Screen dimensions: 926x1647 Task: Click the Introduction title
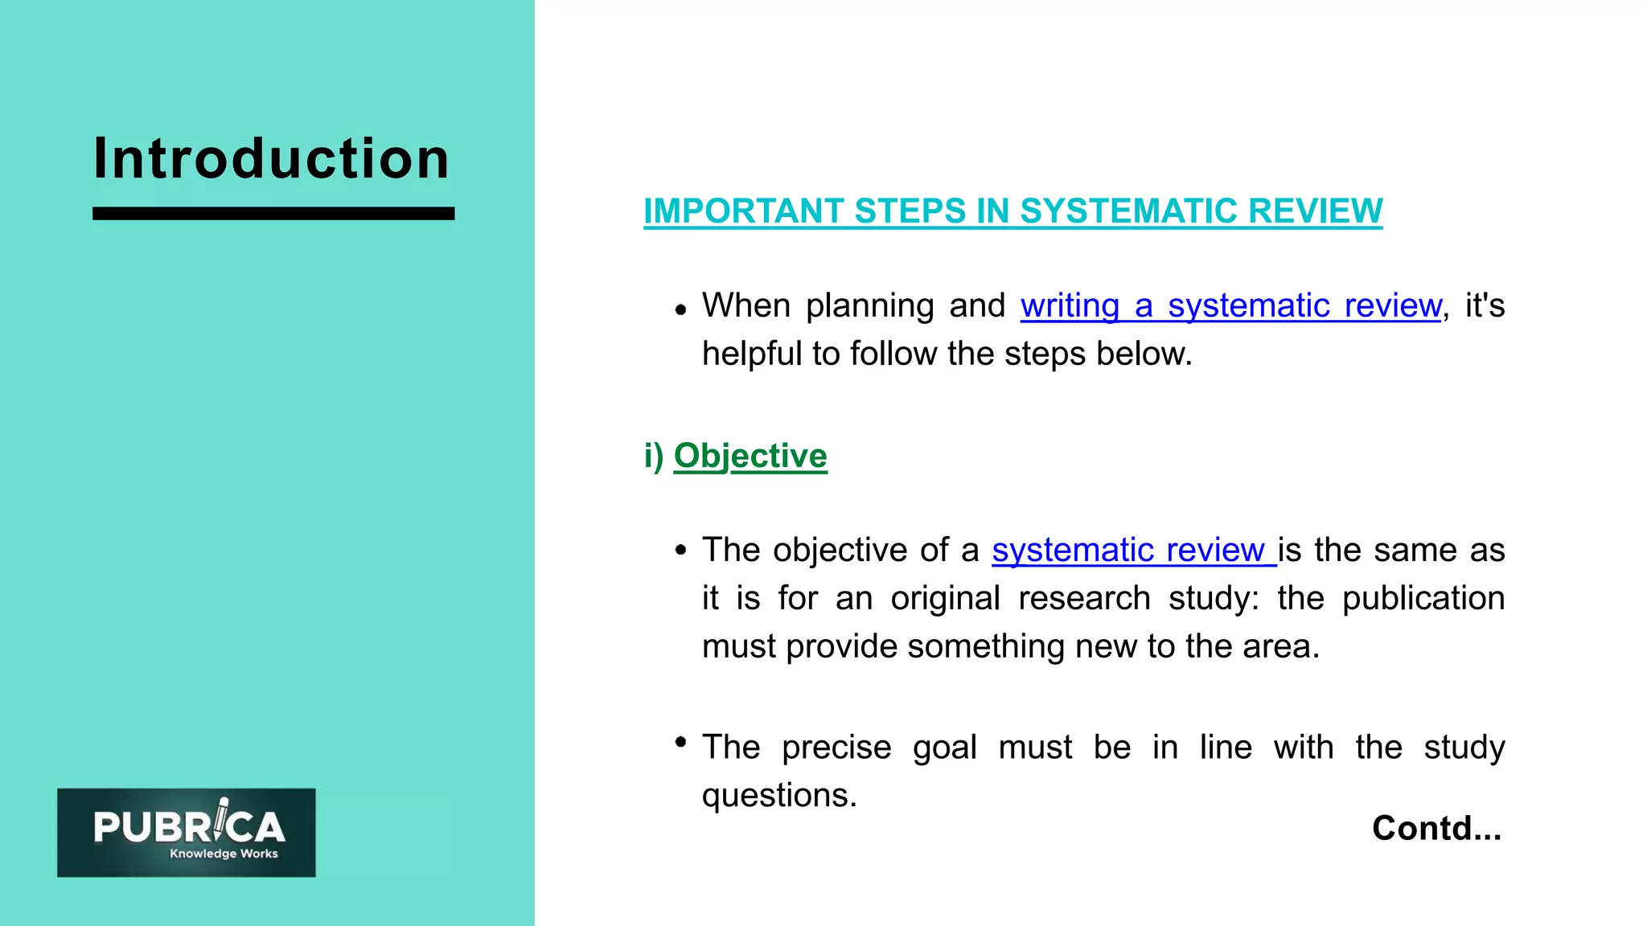[x=271, y=158]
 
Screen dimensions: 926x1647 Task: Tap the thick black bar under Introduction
[x=273, y=214]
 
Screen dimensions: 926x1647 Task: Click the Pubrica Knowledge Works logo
[x=187, y=832]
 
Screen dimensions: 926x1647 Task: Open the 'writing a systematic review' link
[x=1230, y=306]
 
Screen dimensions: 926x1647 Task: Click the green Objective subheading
[x=750, y=456]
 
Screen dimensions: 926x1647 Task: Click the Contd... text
[x=1436, y=828]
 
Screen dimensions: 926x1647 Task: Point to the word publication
[x=1423, y=599]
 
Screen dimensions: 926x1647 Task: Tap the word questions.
[x=778, y=796]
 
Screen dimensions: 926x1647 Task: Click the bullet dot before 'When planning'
[x=681, y=309]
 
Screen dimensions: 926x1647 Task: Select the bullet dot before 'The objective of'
[x=681, y=551]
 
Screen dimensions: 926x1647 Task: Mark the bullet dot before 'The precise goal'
[x=681, y=742]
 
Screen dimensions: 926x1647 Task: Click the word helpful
[x=751, y=354]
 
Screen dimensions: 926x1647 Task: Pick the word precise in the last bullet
[x=836, y=748]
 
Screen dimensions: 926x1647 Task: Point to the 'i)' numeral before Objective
[x=653, y=456]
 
